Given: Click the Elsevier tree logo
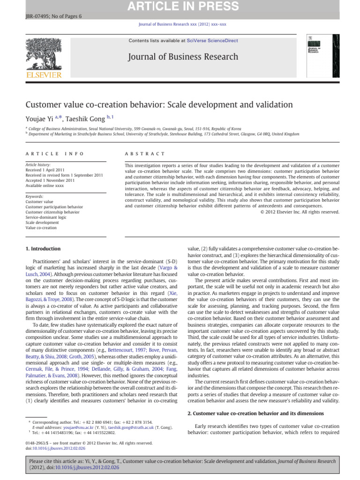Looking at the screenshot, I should click(x=44, y=53).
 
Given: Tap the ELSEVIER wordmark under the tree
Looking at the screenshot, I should click(x=44, y=75).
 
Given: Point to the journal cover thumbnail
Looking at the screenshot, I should click(x=323, y=56).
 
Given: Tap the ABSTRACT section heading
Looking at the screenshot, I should click(x=144, y=154).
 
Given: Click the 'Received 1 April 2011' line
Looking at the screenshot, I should click(x=45, y=170).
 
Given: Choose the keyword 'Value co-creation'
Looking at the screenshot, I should click(x=41, y=228).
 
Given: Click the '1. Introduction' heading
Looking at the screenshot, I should click(x=43, y=248).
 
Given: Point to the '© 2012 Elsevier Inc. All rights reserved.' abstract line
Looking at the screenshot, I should click(x=300, y=212).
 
